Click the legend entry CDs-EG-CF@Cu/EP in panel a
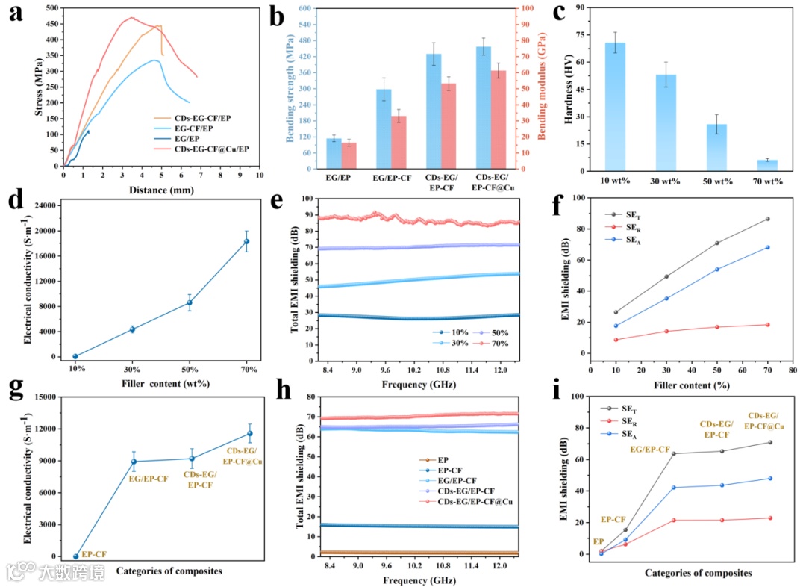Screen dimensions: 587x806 click(211, 149)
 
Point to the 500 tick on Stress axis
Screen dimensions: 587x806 click(51, 7)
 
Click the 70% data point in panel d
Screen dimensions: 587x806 click(247, 241)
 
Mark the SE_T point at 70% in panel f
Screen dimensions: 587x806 click(767, 219)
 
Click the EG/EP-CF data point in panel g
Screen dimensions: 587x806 click(134, 462)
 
